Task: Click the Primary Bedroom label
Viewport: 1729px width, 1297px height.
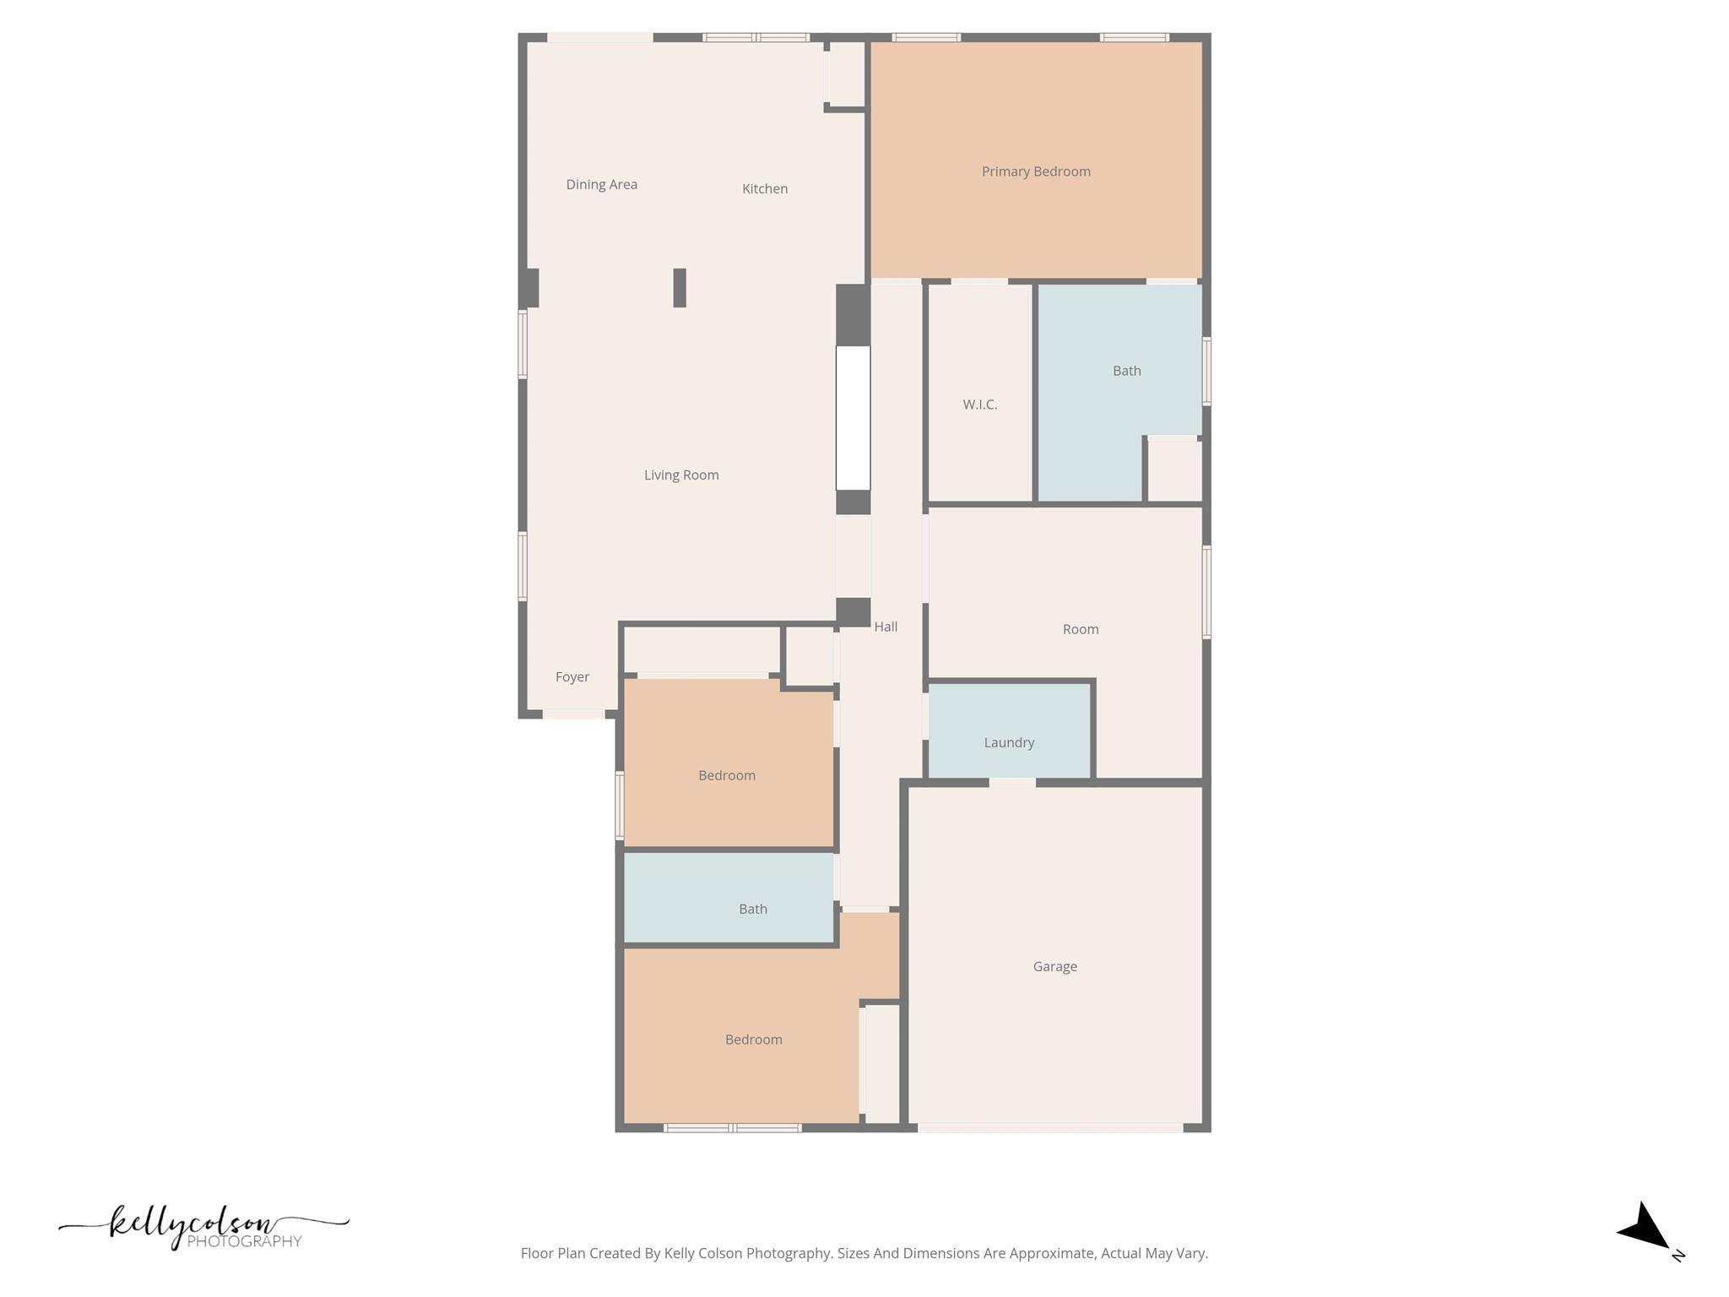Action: pos(1036,171)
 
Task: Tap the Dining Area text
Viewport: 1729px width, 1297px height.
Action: pos(601,184)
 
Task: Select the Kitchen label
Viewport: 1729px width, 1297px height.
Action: pos(765,188)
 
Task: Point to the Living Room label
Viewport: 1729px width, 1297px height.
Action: pos(681,475)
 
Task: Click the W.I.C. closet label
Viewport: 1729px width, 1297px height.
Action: pos(979,404)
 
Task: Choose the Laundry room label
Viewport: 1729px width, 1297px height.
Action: pos(1009,742)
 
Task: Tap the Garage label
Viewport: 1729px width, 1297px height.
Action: pos(1054,966)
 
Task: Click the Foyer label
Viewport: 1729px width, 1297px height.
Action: pos(572,676)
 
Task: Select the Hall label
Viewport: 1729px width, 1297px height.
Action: pos(886,627)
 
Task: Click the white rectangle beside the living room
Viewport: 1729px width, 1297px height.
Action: pos(853,417)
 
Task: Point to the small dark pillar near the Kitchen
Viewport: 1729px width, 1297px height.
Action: pos(680,288)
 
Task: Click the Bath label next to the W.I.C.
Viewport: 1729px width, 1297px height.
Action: pos(1126,371)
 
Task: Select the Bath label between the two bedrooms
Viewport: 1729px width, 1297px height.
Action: pos(752,909)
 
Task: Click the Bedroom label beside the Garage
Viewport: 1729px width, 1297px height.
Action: pos(753,1039)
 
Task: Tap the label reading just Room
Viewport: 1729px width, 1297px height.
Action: pos(1080,629)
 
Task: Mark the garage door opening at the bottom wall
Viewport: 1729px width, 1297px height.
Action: pos(1049,1127)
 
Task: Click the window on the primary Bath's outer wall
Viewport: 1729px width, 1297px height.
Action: pos(1206,372)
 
